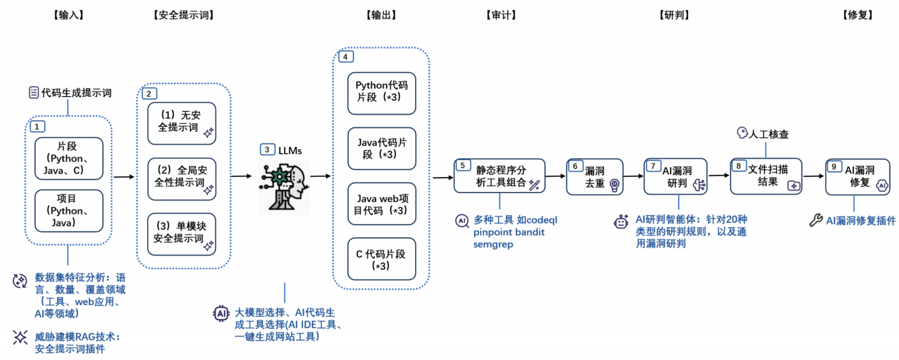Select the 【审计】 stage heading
pyautogui.click(x=501, y=14)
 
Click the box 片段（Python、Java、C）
pyautogui.click(x=68, y=159)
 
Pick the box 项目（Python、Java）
pyautogui.click(x=68, y=210)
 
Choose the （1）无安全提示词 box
pyautogui.click(x=182, y=123)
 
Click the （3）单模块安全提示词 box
pyautogui.click(x=182, y=233)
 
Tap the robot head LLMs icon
pyautogui.click(x=284, y=186)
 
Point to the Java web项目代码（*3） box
pyautogui.click(x=381, y=203)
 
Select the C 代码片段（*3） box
pyautogui.click(x=381, y=260)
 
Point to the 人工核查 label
pyautogui.click(x=763, y=134)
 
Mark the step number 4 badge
pyautogui.click(x=345, y=57)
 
